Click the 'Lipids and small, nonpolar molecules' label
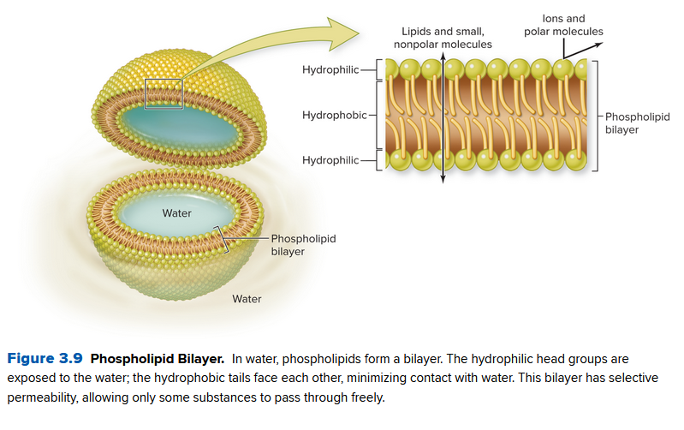pyautogui.click(x=442, y=38)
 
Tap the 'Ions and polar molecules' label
pyautogui.click(x=563, y=25)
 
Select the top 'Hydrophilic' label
pyautogui.click(x=330, y=69)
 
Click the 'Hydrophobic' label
pyautogui.click(x=334, y=114)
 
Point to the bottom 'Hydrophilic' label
pyautogui.click(x=330, y=160)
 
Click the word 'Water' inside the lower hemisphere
pyautogui.click(x=177, y=212)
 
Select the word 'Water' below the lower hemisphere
pyautogui.click(x=247, y=299)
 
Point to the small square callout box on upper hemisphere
pyautogui.click(x=164, y=93)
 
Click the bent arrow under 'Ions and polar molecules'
pyautogui.click(x=572, y=49)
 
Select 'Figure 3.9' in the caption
pyautogui.click(x=45, y=358)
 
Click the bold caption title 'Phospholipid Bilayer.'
pyautogui.click(x=157, y=358)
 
